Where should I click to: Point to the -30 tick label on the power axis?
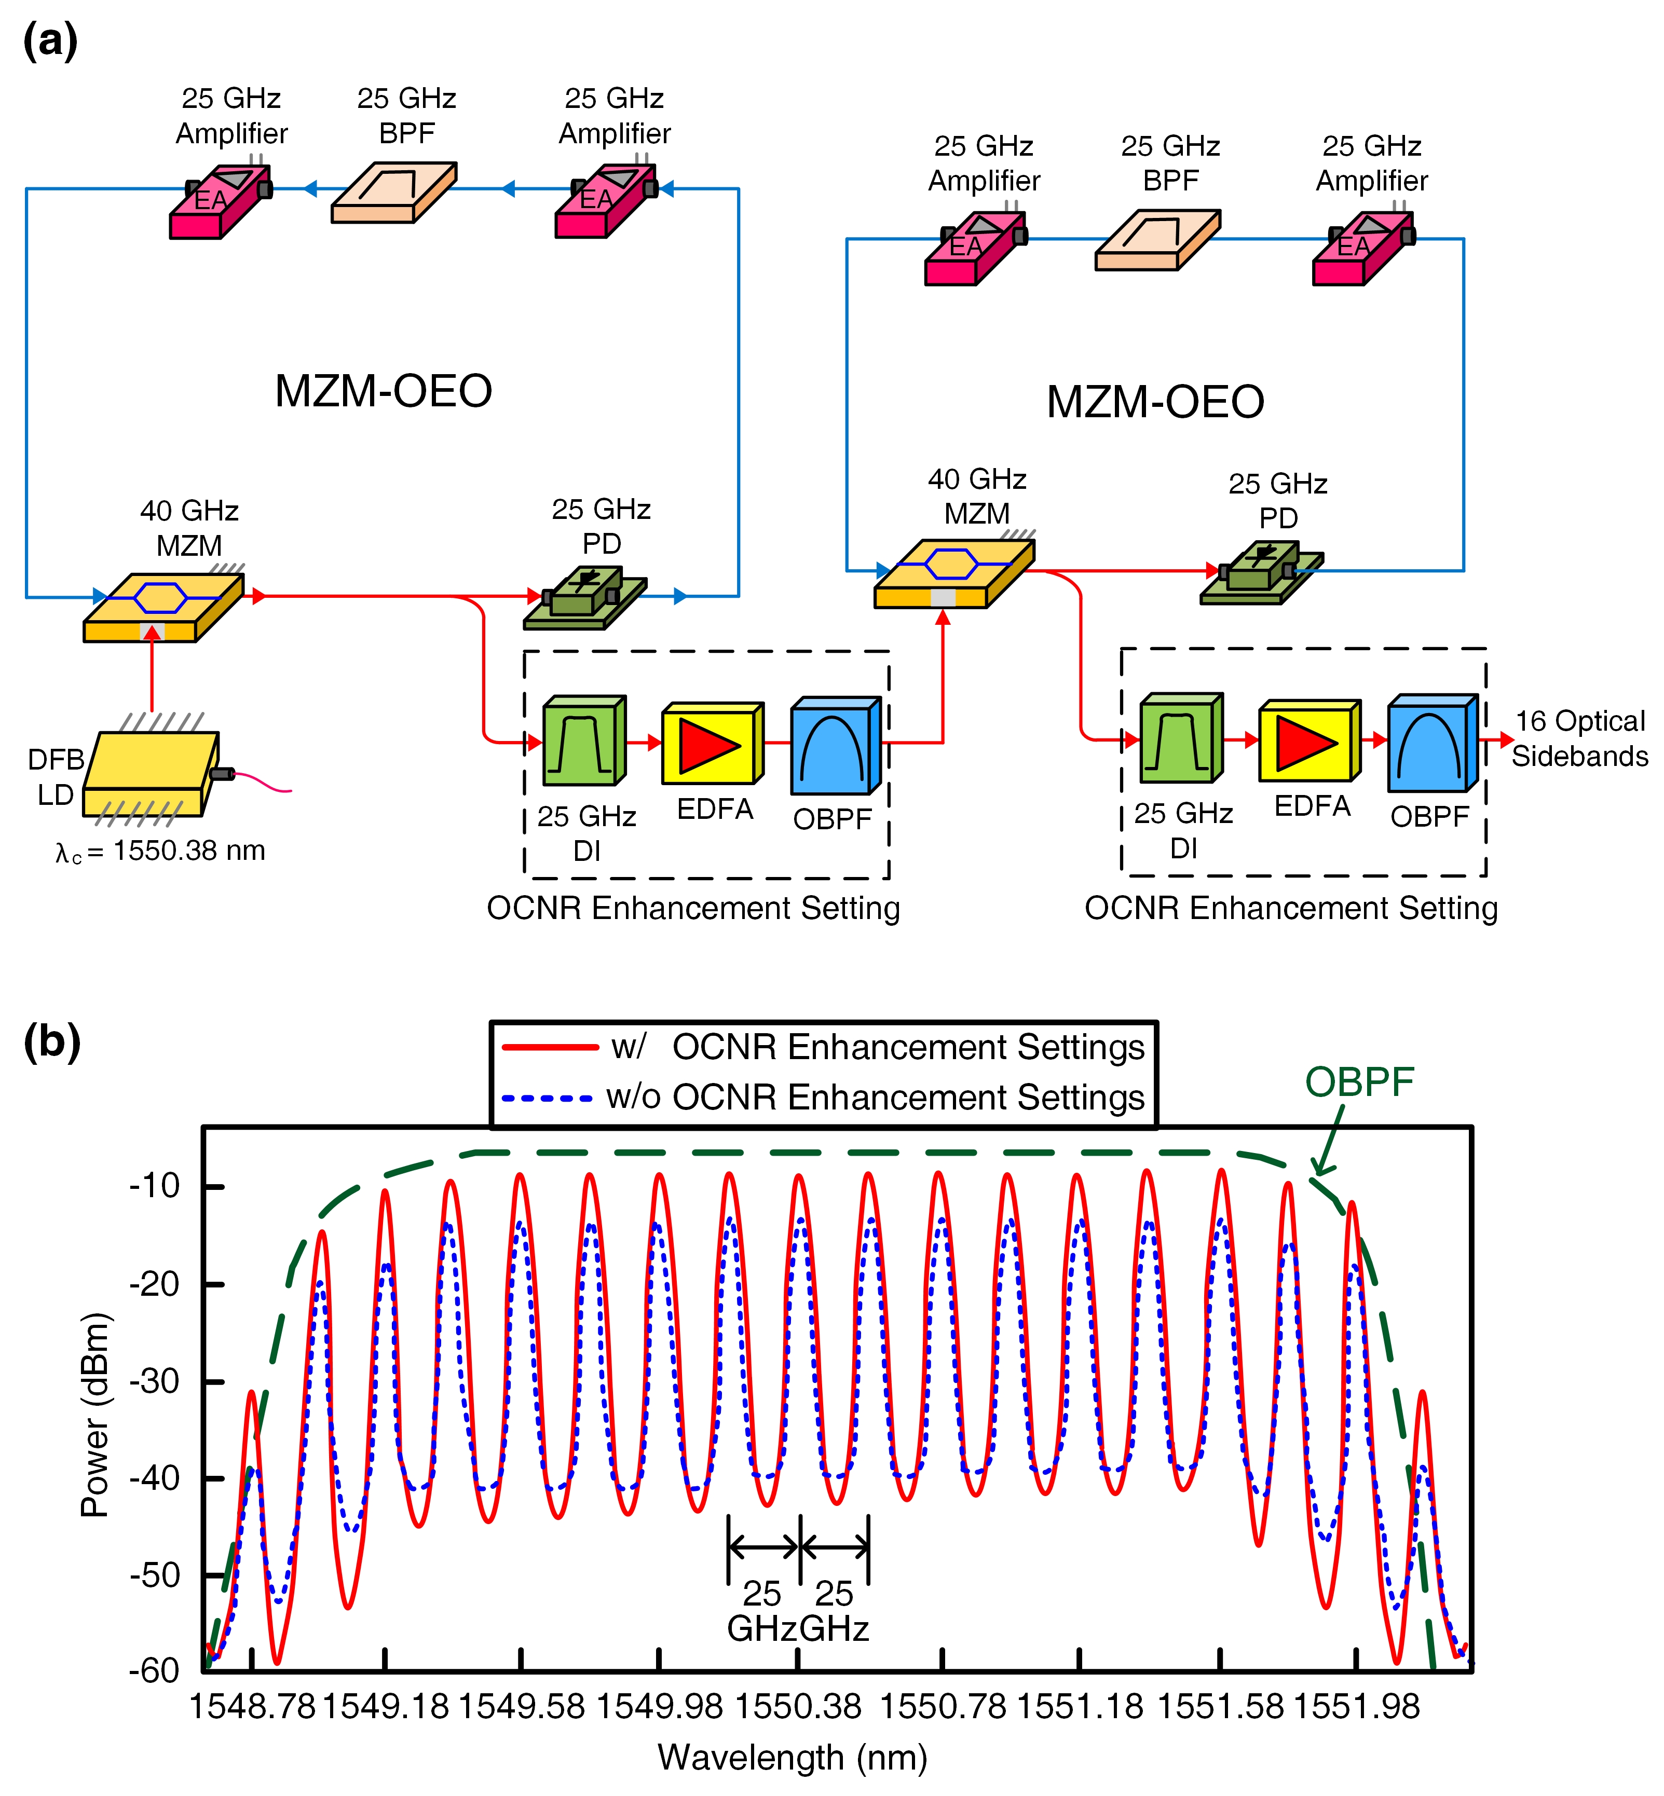pos(155,1381)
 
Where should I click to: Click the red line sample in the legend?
pos(550,1047)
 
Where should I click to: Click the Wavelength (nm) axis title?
pos(793,1757)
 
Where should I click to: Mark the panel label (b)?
pos(52,1041)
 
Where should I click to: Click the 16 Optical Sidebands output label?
pos(1580,738)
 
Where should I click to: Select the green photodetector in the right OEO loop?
pos(1262,572)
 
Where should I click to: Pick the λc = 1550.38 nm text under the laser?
pos(160,852)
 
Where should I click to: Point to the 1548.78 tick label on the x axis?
pos(252,1706)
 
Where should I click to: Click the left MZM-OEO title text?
pos(384,391)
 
